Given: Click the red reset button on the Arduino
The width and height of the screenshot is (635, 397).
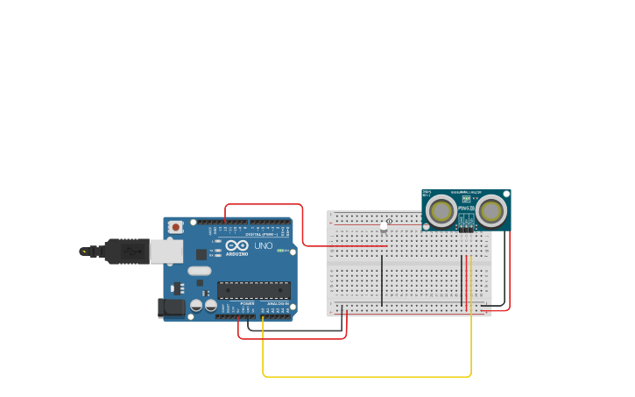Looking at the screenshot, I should pyautogui.click(x=175, y=227).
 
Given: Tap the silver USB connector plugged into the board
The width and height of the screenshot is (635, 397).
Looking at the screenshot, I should pyautogui.click(x=166, y=252).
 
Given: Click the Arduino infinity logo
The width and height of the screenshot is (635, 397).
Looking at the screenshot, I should pyautogui.click(x=237, y=246).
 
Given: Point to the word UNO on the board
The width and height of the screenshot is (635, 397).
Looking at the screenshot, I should pyautogui.click(x=263, y=246).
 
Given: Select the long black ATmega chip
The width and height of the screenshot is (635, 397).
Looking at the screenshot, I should pyautogui.click(x=253, y=290).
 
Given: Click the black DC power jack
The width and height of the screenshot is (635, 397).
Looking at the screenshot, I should pyautogui.click(x=171, y=308).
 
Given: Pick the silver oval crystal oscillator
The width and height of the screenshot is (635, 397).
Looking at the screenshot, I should pyautogui.click(x=200, y=271).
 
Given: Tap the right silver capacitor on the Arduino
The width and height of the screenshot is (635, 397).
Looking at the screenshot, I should pyautogui.click(x=211, y=306).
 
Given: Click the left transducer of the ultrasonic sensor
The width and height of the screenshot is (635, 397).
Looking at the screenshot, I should pyautogui.click(x=441, y=210).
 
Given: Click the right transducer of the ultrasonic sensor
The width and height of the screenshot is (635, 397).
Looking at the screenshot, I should pyautogui.click(x=490, y=210).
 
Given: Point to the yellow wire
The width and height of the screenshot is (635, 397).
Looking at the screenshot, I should pyautogui.click(x=368, y=376).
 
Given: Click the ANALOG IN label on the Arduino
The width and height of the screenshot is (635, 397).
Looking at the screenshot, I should pyautogui.click(x=278, y=303).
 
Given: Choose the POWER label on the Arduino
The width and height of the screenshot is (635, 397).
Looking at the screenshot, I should pyautogui.click(x=247, y=303).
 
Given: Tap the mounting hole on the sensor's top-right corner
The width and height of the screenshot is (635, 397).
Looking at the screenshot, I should pyautogui.click(x=505, y=195).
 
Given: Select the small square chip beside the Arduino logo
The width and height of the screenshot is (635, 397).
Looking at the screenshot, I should pyautogui.click(x=201, y=254).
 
